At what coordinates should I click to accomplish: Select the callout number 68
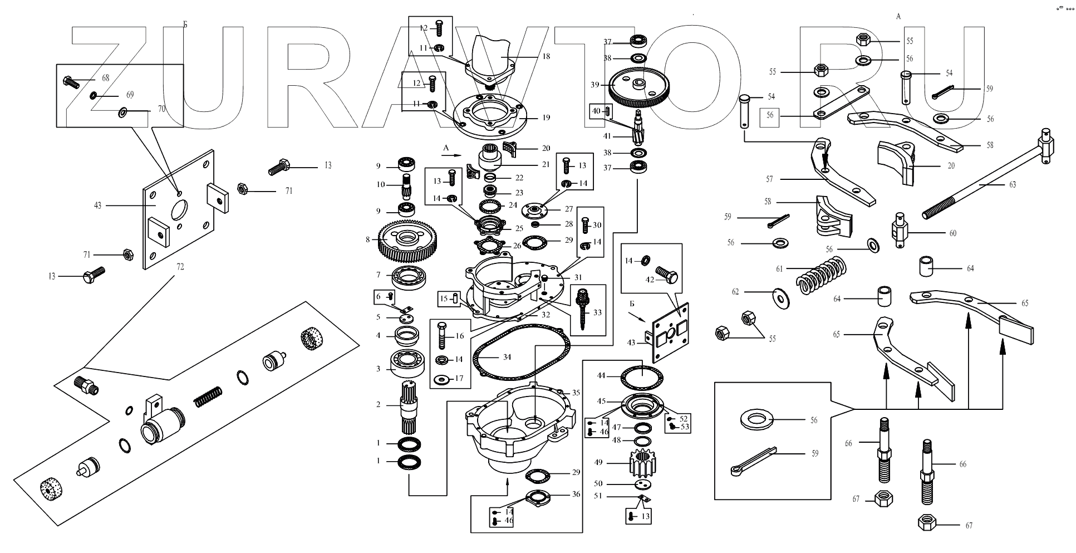(x=105, y=78)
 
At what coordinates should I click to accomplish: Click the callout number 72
(x=180, y=267)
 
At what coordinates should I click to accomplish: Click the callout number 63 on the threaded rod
(x=1012, y=184)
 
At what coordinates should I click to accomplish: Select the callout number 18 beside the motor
(x=546, y=56)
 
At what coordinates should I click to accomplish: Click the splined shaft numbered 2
(x=411, y=408)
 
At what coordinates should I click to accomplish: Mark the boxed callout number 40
(x=596, y=111)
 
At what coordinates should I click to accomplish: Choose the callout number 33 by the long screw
(x=597, y=312)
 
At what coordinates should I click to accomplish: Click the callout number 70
(x=161, y=109)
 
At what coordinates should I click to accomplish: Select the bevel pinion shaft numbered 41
(x=638, y=129)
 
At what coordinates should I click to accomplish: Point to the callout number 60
(x=952, y=233)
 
